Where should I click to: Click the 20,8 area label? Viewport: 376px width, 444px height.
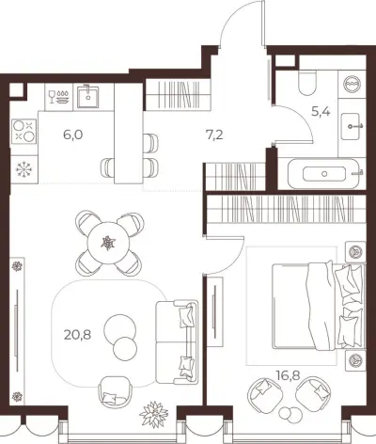click(x=77, y=335)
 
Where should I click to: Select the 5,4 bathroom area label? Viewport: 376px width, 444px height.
click(x=321, y=111)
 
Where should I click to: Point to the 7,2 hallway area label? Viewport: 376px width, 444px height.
click(x=214, y=135)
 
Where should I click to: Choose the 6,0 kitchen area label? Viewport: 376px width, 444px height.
click(x=72, y=135)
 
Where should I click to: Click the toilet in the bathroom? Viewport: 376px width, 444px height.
click(x=307, y=83)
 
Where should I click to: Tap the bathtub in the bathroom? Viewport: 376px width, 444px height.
click(x=323, y=174)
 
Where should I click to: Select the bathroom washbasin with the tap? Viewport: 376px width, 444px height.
click(x=352, y=126)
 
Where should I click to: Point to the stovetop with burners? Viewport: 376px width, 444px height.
click(x=24, y=132)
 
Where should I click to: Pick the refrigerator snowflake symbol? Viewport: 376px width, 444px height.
click(x=24, y=169)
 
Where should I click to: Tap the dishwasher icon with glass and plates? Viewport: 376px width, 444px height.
click(x=58, y=97)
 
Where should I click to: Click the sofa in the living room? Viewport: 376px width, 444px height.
click(x=177, y=341)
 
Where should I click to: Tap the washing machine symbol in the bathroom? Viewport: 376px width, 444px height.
click(x=352, y=84)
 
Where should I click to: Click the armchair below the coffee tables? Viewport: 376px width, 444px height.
click(x=114, y=391)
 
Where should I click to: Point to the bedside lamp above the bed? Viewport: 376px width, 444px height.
click(x=355, y=251)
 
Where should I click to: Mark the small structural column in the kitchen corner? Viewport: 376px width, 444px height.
click(x=17, y=90)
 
